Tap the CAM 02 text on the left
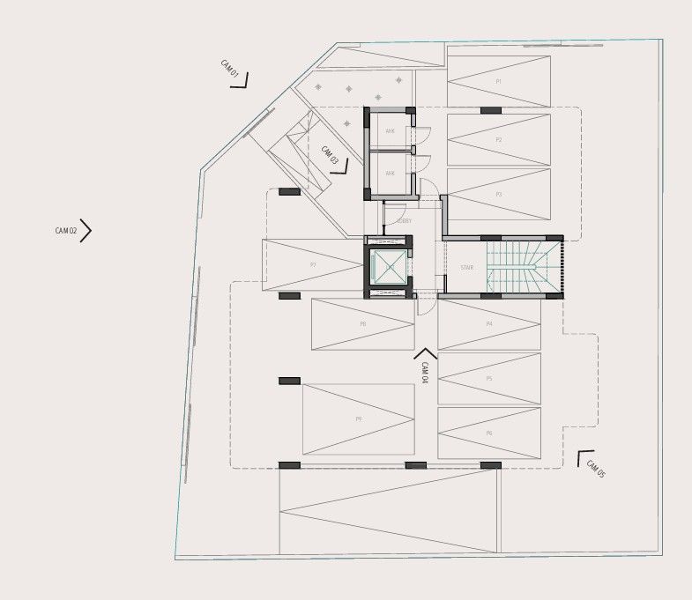pyautogui.click(x=66, y=231)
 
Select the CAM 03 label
pyautogui.click(x=330, y=155)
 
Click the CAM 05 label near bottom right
pyautogui.click(x=597, y=470)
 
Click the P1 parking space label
pyautogui.click(x=498, y=81)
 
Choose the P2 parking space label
pyautogui.click(x=498, y=140)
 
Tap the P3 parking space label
pyautogui.click(x=498, y=195)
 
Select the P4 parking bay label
pyautogui.click(x=488, y=324)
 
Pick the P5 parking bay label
pyautogui.click(x=488, y=379)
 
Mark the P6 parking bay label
pyautogui.click(x=488, y=433)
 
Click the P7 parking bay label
pyautogui.click(x=313, y=264)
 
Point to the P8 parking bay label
pyautogui.click(x=362, y=324)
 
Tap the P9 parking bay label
pyautogui.click(x=358, y=419)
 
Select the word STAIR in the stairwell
pyautogui.click(x=466, y=267)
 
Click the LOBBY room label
pyautogui.click(x=404, y=221)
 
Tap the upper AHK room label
pyautogui.click(x=390, y=131)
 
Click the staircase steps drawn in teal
pyautogui.click(x=524, y=267)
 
